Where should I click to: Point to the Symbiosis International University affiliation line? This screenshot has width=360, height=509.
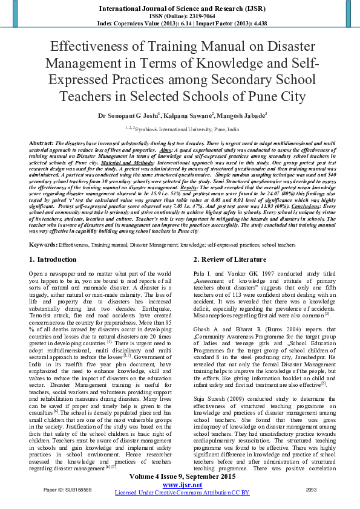182,129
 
